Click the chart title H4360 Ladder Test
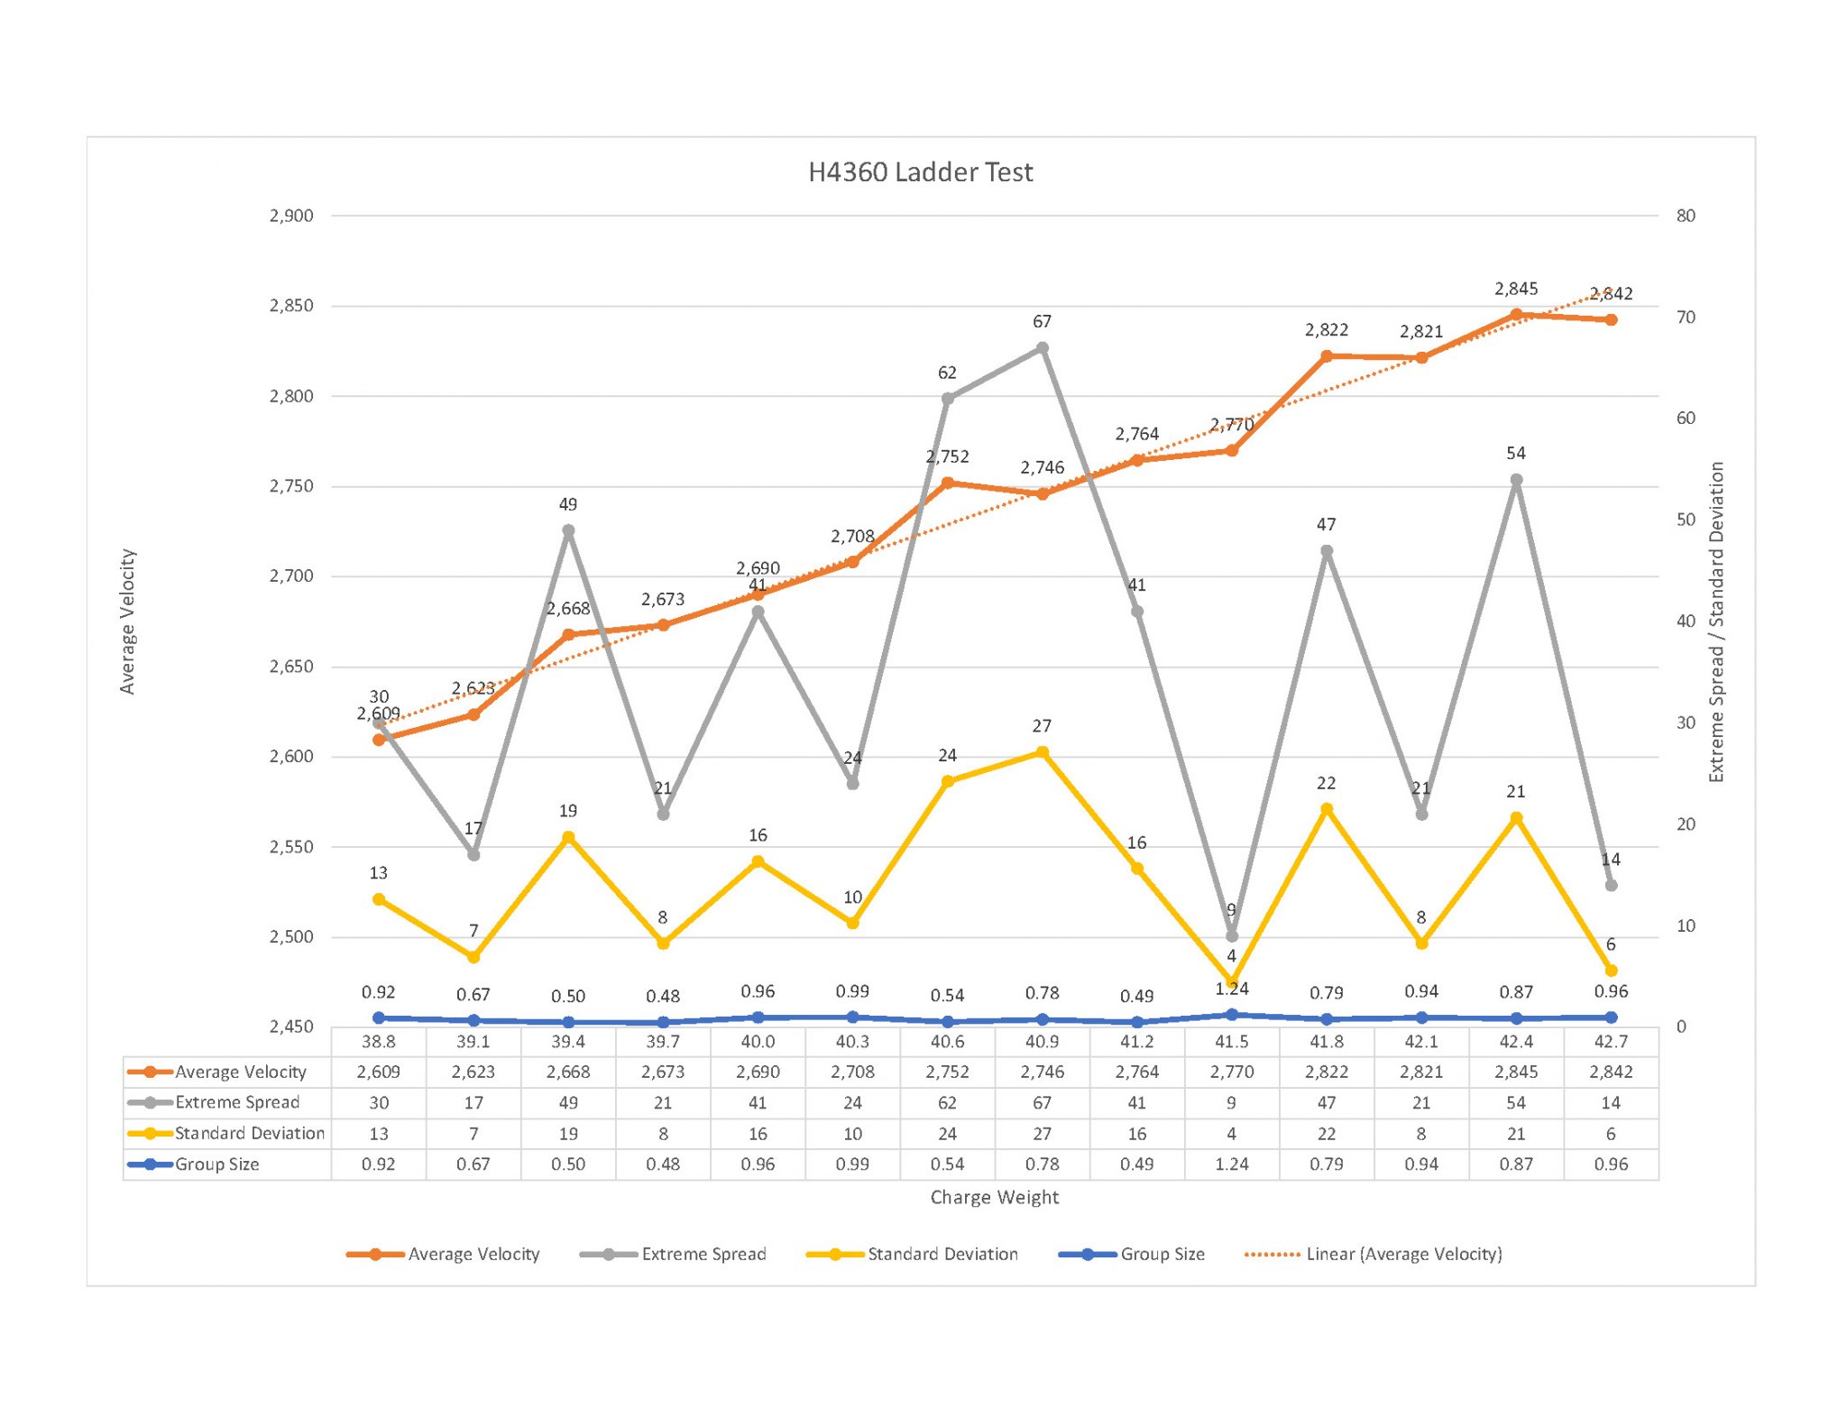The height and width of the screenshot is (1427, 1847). pyautogui.click(x=920, y=172)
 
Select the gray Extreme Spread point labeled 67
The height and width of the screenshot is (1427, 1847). pyautogui.click(x=1042, y=348)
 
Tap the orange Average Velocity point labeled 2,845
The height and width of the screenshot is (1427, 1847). pyautogui.click(x=1516, y=315)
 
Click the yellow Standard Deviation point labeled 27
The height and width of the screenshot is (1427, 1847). pyautogui.click(x=1042, y=752)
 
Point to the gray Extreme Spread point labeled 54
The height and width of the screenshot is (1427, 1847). pyautogui.click(x=1516, y=480)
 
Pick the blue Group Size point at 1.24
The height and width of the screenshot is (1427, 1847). pyautogui.click(x=1232, y=1015)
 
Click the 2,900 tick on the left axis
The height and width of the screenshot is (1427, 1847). pyautogui.click(x=291, y=216)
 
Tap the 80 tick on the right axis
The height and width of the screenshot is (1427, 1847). pyautogui.click(x=1686, y=216)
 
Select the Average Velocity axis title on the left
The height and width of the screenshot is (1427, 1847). pyautogui.click(x=127, y=621)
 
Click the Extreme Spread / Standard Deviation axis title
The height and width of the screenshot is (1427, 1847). pyautogui.click(x=1716, y=621)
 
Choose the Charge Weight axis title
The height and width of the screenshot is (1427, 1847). pyautogui.click(x=994, y=1197)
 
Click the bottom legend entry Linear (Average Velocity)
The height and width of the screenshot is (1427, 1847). pyautogui.click(x=1403, y=1254)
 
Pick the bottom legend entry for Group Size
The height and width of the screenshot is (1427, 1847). pyautogui.click(x=1162, y=1254)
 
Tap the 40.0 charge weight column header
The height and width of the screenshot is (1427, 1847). pyautogui.click(x=758, y=1042)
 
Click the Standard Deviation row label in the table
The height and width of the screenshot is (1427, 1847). pyautogui.click(x=249, y=1133)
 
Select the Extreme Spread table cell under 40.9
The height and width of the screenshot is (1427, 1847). pyautogui.click(x=1042, y=1102)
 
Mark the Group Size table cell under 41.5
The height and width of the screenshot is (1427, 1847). pyautogui.click(x=1232, y=1164)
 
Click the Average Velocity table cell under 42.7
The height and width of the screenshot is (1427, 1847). pyautogui.click(x=1611, y=1072)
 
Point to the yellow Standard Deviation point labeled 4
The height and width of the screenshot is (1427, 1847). pyautogui.click(x=1232, y=981)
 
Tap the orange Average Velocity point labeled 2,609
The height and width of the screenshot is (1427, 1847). pyautogui.click(x=379, y=740)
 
